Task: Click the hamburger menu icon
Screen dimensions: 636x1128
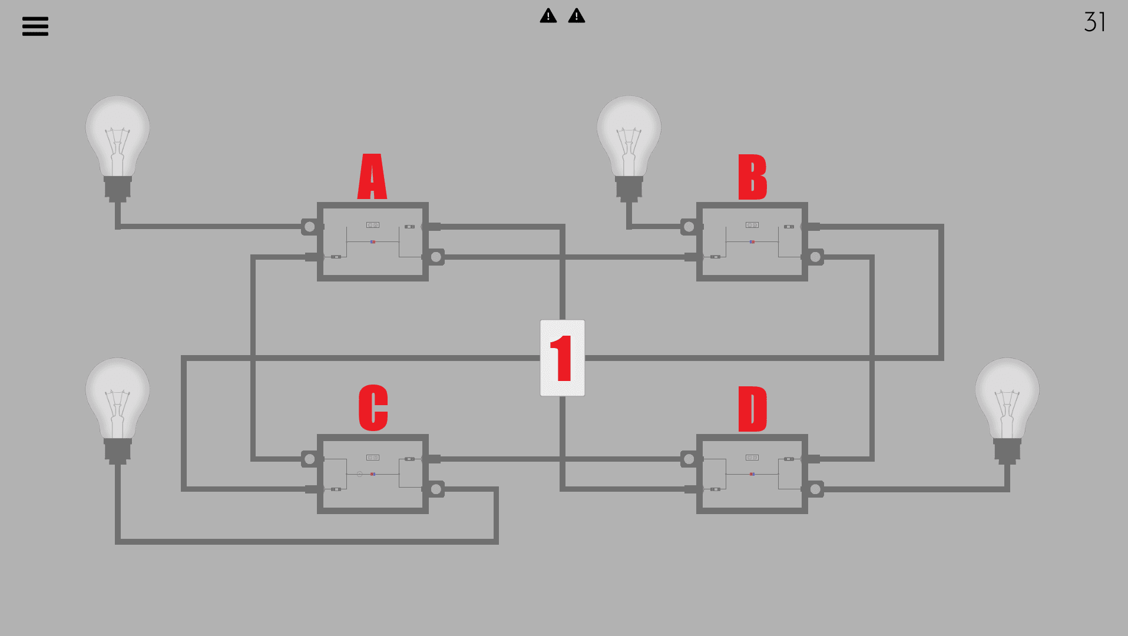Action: pos(35,26)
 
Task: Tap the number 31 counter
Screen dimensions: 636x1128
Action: pos(1094,22)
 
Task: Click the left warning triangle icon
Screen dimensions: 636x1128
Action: pos(548,16)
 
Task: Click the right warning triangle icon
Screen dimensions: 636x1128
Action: pos(577,16)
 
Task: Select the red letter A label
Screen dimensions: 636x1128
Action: pos(372,177)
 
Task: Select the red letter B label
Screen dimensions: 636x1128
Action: pos(752,177)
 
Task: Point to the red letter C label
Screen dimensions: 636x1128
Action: pos(373,408)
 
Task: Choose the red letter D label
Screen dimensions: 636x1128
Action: pos(752,409)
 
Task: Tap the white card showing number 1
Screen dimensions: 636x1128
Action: pos(563,358)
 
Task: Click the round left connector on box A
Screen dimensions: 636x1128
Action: pos(309,227)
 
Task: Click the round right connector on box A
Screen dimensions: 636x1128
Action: pos(436,257)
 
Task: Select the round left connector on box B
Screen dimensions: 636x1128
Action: pos(689,227)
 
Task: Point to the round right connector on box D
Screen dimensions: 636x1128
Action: pos(816,489)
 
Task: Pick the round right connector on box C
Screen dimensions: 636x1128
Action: pos(436,489)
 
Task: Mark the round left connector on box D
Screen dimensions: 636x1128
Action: pos(689,459)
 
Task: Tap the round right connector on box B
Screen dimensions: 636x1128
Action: pos(816,257)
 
